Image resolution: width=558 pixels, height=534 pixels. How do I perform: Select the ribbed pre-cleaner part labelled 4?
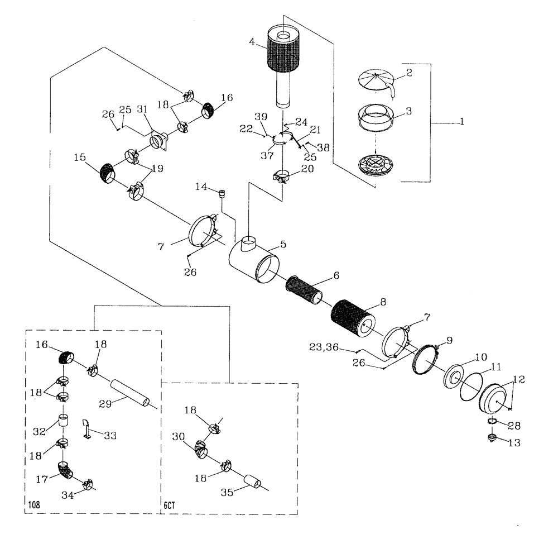point(283,53)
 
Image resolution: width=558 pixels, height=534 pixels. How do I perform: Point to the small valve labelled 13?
point(492,438)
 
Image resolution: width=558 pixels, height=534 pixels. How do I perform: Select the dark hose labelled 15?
point(107,171)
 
